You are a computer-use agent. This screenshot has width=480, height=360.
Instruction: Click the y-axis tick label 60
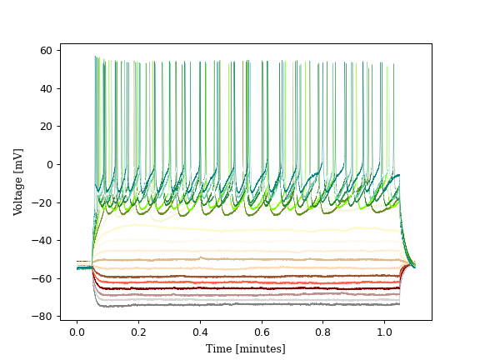46,51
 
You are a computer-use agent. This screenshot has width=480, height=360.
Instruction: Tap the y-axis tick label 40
46,88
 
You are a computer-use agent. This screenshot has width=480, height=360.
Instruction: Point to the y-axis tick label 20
46,127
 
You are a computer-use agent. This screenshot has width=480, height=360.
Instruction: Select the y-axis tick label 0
49,164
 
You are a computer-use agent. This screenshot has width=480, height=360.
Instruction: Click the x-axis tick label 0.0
77,332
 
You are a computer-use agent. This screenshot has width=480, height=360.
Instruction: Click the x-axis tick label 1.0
384,332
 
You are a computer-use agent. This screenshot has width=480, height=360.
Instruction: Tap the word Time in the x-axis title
218,349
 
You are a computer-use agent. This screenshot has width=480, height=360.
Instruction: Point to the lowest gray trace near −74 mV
250,304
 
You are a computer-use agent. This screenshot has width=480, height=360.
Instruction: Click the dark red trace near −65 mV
250,288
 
